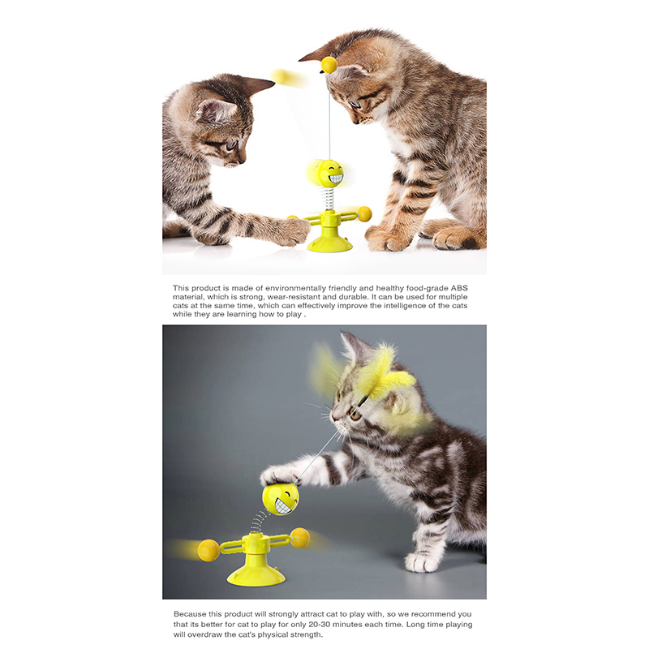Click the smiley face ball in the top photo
tap(329, 174)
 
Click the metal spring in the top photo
tap(330, 199)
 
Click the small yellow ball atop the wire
tap(329, 65)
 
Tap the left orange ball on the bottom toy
tap(208, 550)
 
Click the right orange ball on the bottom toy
tap(299, 538)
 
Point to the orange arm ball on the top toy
tap(364, 214)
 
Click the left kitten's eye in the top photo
tap(231, 145)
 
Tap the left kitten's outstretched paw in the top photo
tap(294, 232)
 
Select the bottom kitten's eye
tap(355, 414)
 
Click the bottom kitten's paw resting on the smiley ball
tap(278, 476)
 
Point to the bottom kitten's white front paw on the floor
tap(421, 562)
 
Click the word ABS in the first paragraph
tap(459, 288)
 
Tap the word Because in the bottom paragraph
tap(190, 614)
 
